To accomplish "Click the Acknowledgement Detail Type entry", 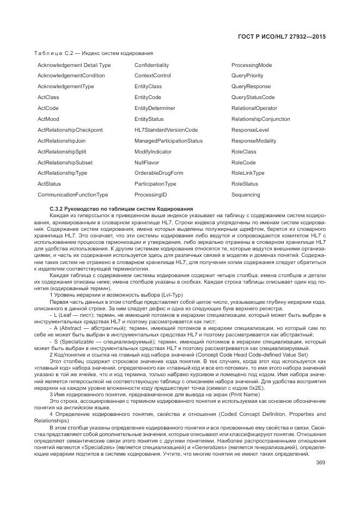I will pyautogui.click(x=74, y=65).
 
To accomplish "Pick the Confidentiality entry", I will pyautogui.click(x=151, y=65).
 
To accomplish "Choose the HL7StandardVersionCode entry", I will pyautogui.click(x=166, y=130).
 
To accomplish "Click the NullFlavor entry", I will pyautogui.click(x=147, y=162).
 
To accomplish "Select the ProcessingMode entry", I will pyautogui.click(x=252, y=65).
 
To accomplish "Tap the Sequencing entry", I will pyautogui.click(x=246, y=195).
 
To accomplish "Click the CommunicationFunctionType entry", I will pyautogui.click(x=73, y=195).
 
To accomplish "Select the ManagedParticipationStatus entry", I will pyautogui.click(x=168, y=141).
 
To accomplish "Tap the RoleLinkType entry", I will pyautogui.click(x=248, y=173).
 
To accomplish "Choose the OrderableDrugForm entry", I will pyautogui.click(x=158, y=173).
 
